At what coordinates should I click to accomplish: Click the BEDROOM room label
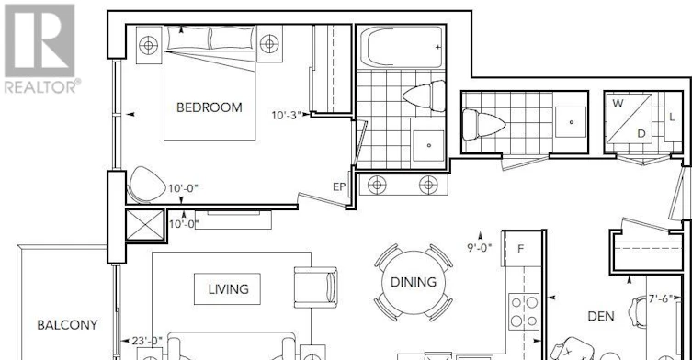pos(210,107)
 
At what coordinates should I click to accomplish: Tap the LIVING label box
pos(227,289)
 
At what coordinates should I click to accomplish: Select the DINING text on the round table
pos(414,282)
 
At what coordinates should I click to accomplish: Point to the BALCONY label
pos(67,325)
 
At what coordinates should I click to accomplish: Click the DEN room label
pos(601,316)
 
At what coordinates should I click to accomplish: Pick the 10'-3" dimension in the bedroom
pos(287,116)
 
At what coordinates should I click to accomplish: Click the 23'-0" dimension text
pos(147,341)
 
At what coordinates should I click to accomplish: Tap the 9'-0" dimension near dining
pos(480,248)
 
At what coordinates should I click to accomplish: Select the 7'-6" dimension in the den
pos(660,298)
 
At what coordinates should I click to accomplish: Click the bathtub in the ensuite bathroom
pos(402,47)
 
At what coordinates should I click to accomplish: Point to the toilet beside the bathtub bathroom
pos(425,96)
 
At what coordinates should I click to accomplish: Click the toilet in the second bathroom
pos(483,124)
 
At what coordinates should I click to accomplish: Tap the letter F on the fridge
pos(521,249)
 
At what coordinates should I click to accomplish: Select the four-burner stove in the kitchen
pos(524,311)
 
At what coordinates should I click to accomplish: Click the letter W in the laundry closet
pos(618,103)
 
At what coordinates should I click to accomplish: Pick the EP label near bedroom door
pos(339,187)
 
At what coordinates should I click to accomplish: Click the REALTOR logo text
pos(42,86)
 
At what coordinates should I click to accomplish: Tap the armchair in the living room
pos(315,287)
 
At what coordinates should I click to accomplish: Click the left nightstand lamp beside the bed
pos(148,45)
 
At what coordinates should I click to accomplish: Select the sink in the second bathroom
pos(571,122)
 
